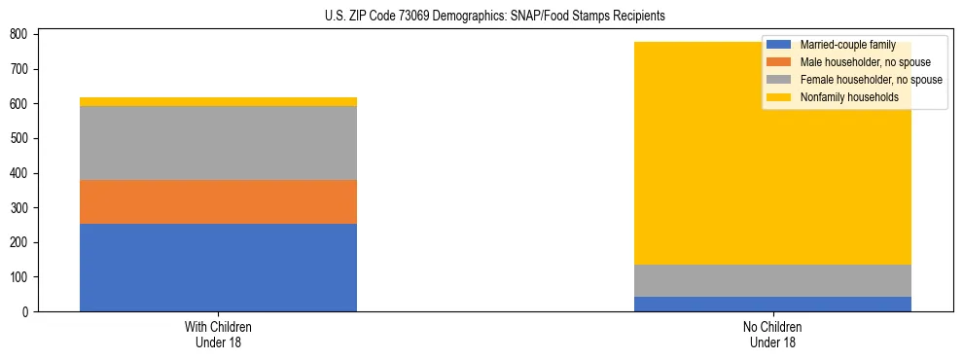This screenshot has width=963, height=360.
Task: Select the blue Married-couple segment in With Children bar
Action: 218,268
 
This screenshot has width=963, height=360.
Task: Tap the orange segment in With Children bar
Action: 218,201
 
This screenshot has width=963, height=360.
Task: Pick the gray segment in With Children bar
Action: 218,143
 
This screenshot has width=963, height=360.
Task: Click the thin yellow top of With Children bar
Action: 218,101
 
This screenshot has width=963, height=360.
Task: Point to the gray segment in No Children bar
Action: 772,280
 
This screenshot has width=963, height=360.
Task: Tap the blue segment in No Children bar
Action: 772,304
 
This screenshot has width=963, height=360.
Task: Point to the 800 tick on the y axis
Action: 22,34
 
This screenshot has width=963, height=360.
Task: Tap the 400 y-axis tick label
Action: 22,173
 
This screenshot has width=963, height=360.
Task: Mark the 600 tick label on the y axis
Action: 22,104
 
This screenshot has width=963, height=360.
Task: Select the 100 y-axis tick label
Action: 22,277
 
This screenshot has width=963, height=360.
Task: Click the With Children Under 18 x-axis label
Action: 218,334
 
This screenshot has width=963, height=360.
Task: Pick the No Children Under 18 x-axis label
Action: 772,334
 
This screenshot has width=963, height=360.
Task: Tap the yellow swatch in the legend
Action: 779,97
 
